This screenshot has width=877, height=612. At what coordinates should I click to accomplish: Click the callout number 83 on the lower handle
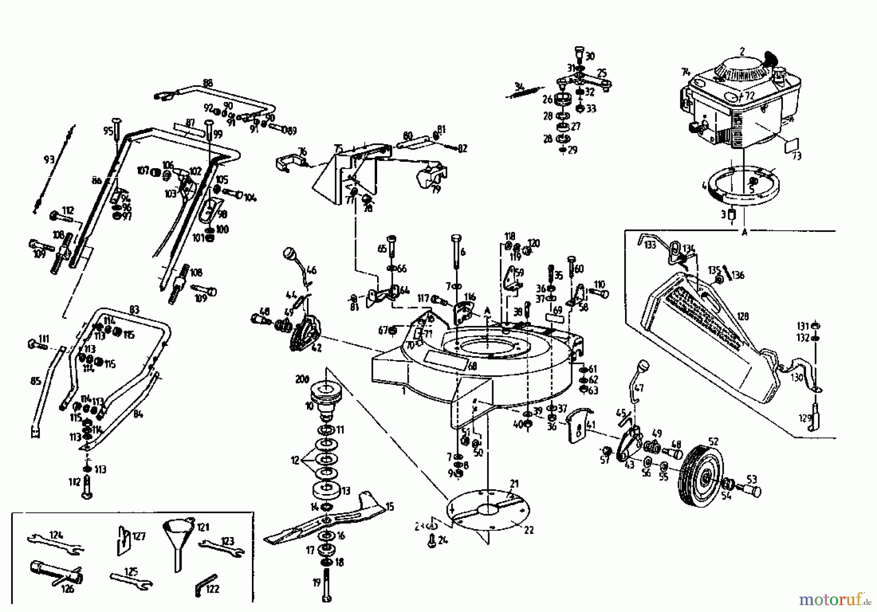[x=134, y=310]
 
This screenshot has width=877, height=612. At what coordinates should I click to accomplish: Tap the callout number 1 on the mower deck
[x=403, y=391]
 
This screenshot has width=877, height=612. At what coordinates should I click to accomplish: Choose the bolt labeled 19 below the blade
[x=326, y=585]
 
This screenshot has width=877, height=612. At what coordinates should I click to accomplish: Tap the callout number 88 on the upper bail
[x=208, y=83]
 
